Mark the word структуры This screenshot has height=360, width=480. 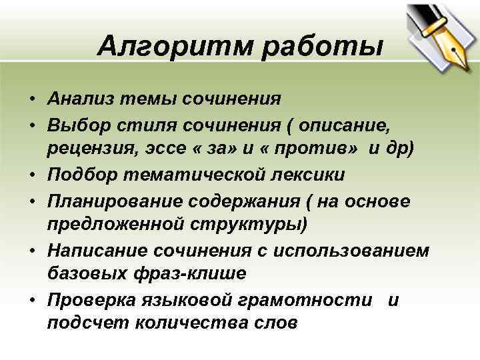257,224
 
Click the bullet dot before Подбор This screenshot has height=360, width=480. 31,175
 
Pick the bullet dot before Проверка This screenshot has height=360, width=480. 31,299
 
